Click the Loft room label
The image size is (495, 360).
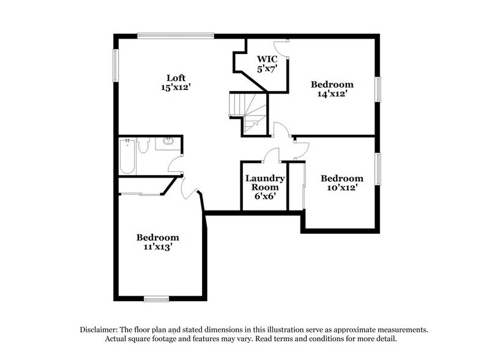click(x=176, y=78)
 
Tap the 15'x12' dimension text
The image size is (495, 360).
click(x=176, y=88)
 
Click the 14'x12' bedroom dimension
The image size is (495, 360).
click(x=332, y=94)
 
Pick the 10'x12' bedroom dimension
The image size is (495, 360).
click(x=342, y=188)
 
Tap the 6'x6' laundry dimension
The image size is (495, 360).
click(x=265, y=198)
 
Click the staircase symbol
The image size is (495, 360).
click(x=248, y=113)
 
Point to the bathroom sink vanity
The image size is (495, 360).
click(x=166, y=145)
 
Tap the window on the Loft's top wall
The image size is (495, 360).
click(x=176, y=35)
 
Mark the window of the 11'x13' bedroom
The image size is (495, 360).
click(x=156, y=299)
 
